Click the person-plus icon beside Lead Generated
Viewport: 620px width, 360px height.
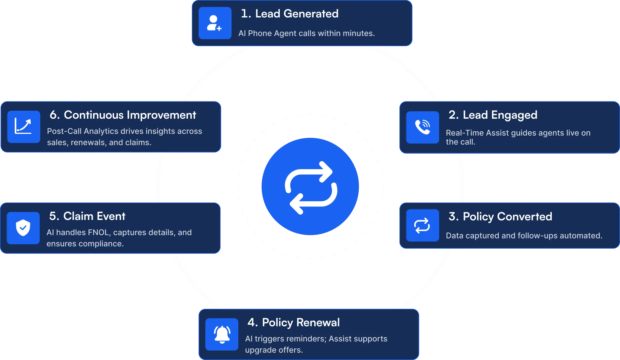(x=215, y=23)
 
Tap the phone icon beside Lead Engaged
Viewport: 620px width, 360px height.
(x=423, y=127)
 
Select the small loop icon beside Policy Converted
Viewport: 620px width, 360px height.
(x=423, y=225)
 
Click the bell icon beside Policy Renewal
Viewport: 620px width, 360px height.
(x=222, y=334)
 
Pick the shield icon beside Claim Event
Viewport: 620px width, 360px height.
(x=23, y=228)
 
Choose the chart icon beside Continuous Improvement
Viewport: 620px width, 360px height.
(x=24, y=127)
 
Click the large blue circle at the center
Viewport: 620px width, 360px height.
(x=310, y=187)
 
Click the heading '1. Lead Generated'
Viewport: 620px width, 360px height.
(x=290, y=13)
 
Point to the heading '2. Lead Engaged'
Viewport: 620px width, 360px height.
(x=493, y=115)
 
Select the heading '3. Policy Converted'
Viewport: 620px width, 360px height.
(x=500, y=216)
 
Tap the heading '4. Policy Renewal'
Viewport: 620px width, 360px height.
(x=293, y=322)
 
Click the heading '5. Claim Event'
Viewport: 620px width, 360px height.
(x=87, y=216)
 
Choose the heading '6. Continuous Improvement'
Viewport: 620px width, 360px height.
(x=123, y=115)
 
